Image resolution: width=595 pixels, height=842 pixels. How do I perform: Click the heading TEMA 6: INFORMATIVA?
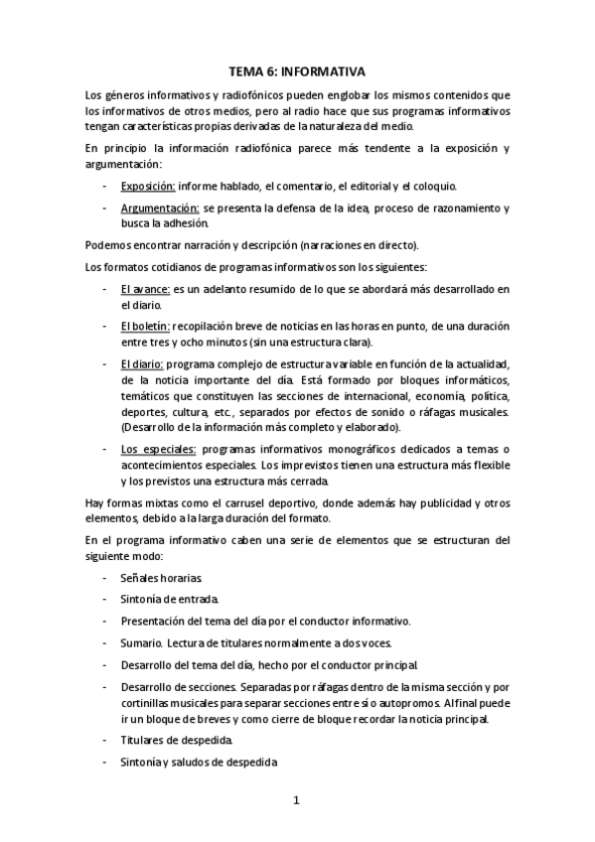coord(297,71)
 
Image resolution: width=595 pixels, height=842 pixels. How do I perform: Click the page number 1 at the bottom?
coord(296,799)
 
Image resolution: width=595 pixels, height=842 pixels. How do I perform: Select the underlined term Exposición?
coord(147,186)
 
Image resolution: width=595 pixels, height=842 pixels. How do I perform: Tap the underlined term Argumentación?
coord(159,208)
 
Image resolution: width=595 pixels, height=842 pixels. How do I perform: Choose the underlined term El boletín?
coord(145,327)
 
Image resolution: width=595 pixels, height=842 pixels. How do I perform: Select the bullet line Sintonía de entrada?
coord(168,599)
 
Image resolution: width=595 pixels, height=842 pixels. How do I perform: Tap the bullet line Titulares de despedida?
coord(177,741)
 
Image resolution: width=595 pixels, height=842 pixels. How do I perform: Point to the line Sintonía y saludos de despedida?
coord(198,763)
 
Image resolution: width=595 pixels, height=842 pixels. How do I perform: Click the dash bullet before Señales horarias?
coord(106,577)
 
